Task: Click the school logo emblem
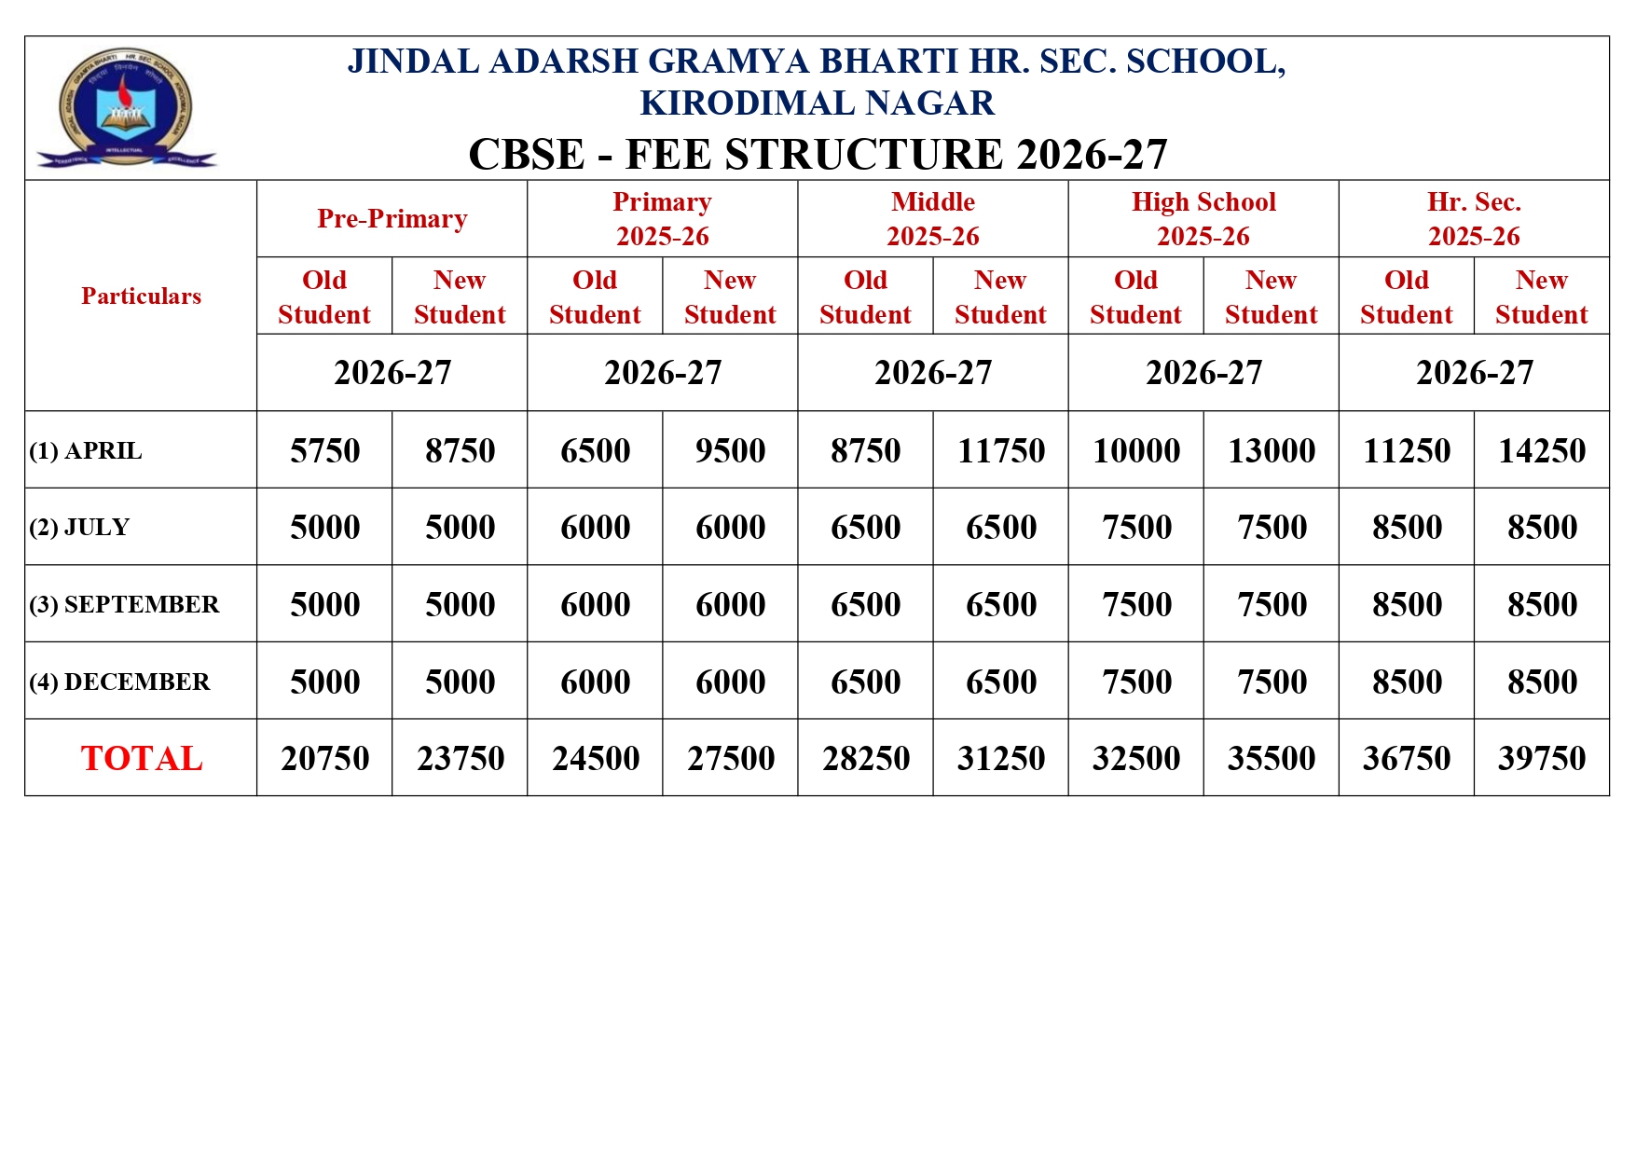click(126, 108)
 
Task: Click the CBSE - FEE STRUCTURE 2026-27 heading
click(817, 155)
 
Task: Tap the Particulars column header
click(141, 296)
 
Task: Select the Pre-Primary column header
click(392, 218)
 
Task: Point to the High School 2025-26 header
click(1203, 218)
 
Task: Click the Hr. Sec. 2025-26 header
click(1473, 218)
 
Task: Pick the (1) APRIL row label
click(86, 450)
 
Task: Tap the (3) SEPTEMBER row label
click(124, 604)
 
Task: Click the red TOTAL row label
click(141, 758)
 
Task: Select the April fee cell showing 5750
click(324, 450)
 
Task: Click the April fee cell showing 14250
click(1541, 450)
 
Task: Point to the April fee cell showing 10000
click(1135, 450)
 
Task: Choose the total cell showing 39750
click(1541, 758)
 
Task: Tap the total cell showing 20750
click(324, 758)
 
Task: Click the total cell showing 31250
click(1000, 758)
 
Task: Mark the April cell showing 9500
click(730, 450)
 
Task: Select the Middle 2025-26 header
click(932, 218)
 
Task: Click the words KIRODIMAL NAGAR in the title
click(817, 103)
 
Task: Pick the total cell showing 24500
click(595, 758)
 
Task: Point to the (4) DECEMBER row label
click(119, 682)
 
